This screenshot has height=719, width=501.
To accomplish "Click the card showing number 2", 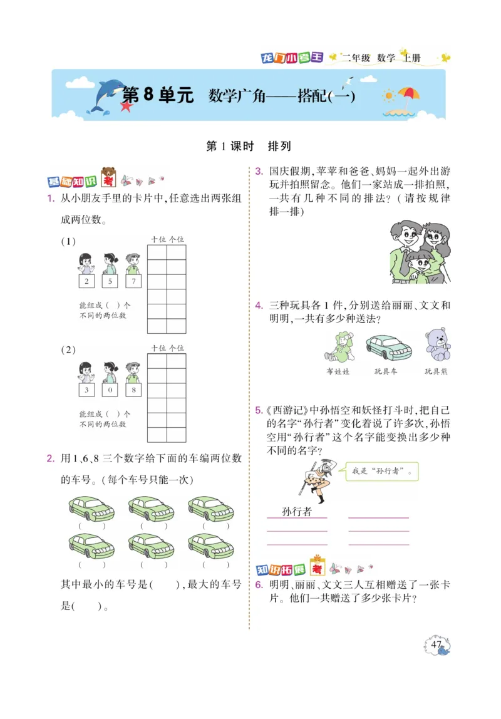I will tap(86, 281).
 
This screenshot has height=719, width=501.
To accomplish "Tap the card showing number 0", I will tap(109, 390).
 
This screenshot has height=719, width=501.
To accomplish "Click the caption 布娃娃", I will tap(338, 371).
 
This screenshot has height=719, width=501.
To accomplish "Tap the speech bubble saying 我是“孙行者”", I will tap(382, 471).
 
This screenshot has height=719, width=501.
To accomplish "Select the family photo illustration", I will tap(418, 252).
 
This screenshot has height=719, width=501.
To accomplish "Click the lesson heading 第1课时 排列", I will tap(249, 147).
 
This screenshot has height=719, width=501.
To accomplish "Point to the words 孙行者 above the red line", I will tap(297, 512).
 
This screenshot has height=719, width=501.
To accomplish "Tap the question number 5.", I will tap(258, 411).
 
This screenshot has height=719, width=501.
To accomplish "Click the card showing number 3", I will tap(86, 390).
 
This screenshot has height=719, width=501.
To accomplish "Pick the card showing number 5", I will tap(109, 281).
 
